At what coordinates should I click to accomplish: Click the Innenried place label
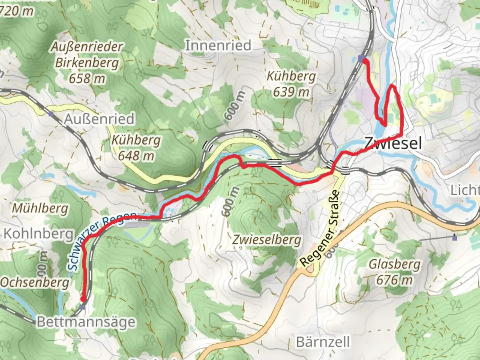tap(218, 45)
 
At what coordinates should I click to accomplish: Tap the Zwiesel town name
tap(393, 143)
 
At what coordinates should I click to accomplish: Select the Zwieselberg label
tap(266, 240)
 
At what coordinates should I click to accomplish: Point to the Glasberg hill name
tap(394, 264)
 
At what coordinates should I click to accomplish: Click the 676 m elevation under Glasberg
tap(394, 280)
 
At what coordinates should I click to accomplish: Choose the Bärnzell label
tap(323, 342)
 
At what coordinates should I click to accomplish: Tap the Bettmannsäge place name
tap(86, 322)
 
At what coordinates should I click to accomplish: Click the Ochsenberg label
tap(35, 282)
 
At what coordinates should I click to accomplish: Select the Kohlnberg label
tap(38, 234)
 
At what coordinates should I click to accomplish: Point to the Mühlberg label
tap(40, 209)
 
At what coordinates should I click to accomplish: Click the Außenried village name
tap(99, 119)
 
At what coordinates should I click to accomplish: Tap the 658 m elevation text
tap(87, 79)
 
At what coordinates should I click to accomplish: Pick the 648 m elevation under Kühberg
tap(136, 156)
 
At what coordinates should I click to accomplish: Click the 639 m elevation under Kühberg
tap(291, 92)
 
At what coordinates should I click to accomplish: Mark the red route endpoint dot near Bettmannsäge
tap(83, 299)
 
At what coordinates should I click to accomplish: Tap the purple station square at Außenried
tap(51, 114)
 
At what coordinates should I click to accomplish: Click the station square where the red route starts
tap(361, 59)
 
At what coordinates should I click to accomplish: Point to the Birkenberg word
tap(87, 63)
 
